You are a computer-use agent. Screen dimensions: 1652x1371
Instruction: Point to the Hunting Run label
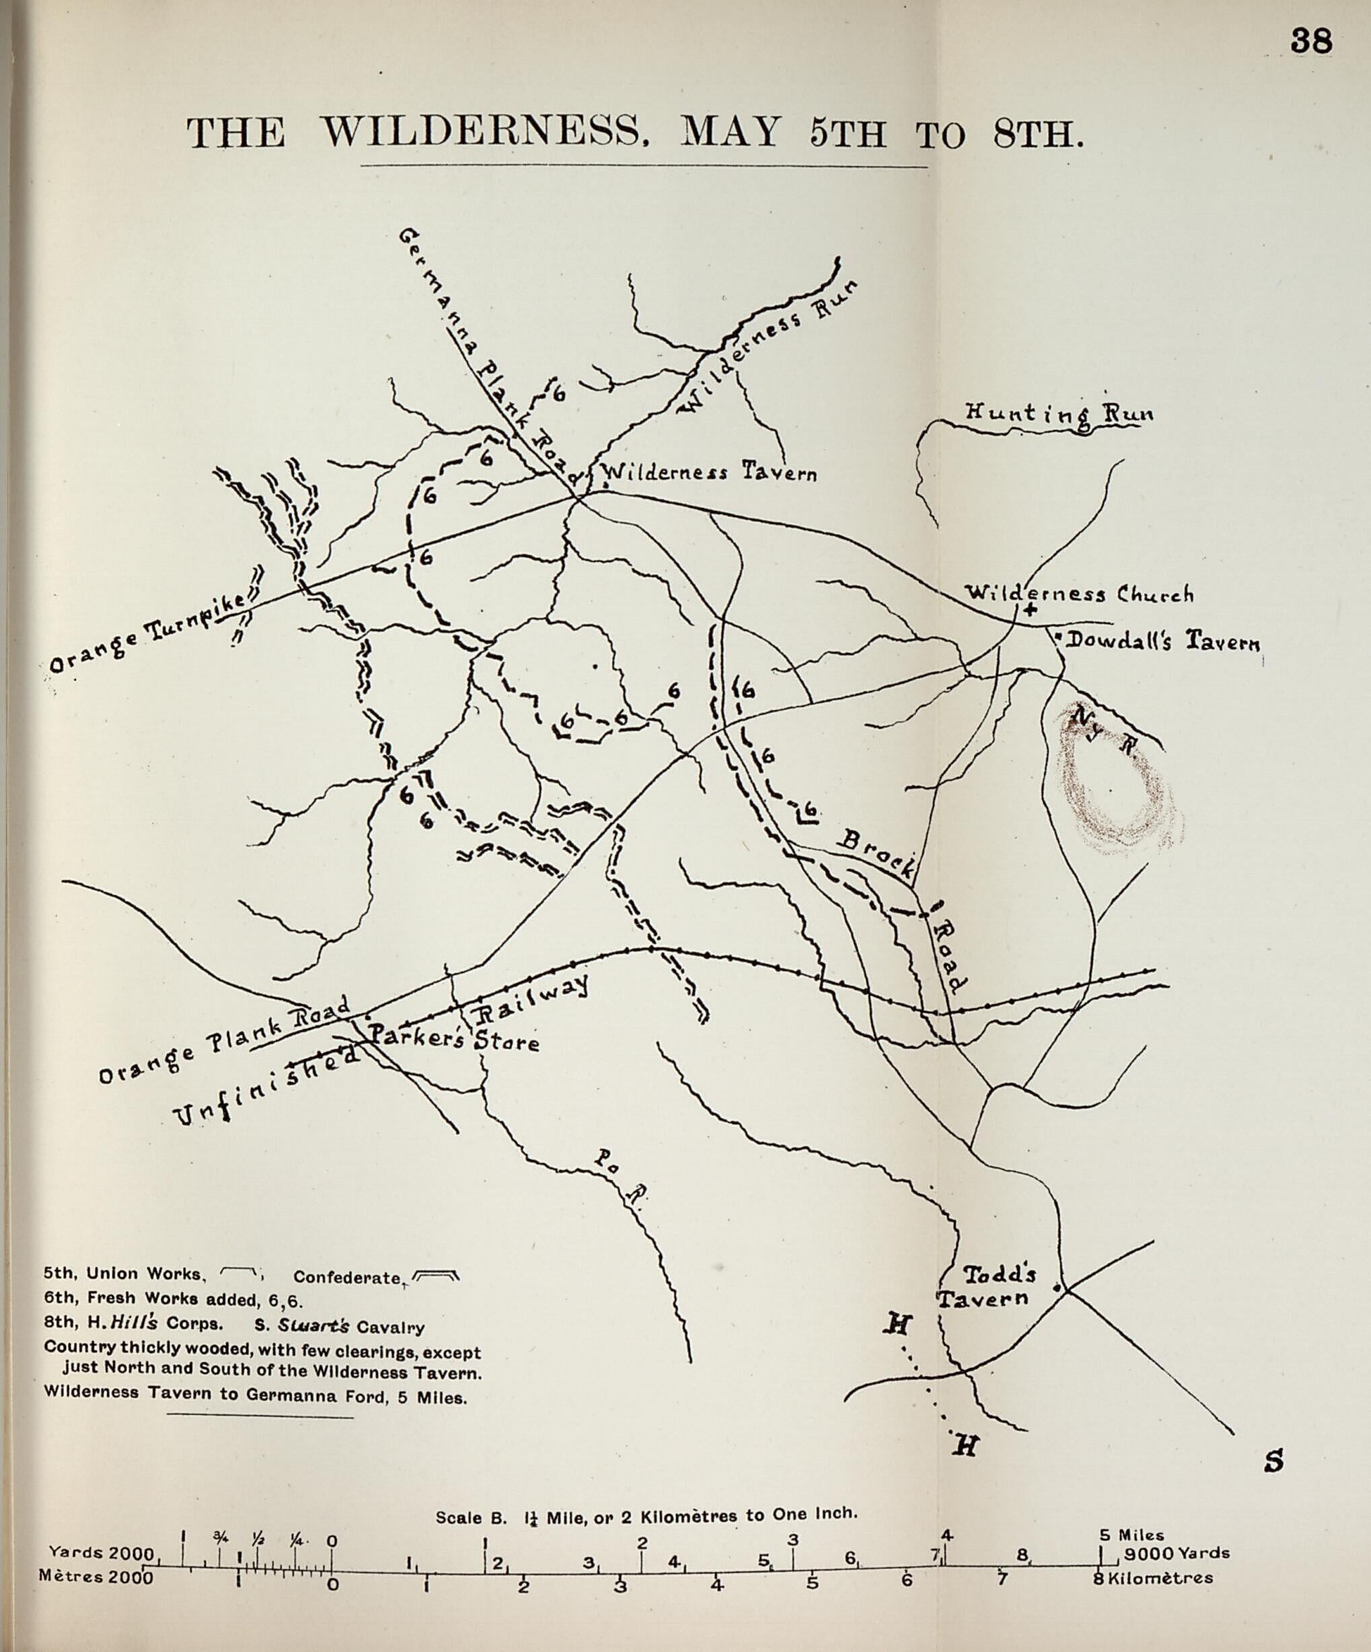[1059, 414]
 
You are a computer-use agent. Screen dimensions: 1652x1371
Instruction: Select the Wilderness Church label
[1078, 594]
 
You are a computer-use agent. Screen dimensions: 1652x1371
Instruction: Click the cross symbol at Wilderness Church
[1030, 610]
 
